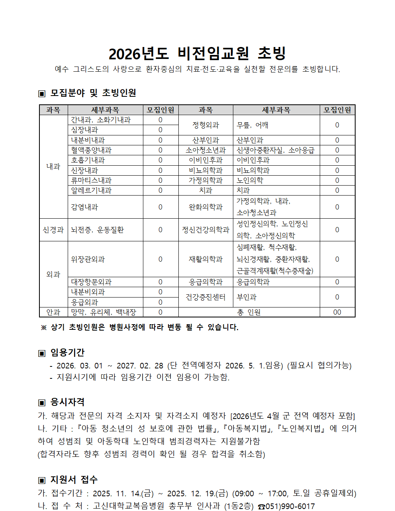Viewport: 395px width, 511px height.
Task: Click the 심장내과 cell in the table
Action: coord(84,130)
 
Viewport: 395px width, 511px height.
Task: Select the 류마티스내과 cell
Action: coord(91,180)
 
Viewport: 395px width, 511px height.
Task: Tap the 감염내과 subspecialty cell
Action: coord(84,207)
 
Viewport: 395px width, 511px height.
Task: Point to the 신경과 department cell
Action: coord(53,230)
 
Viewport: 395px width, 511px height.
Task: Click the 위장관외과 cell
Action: coord(88,259)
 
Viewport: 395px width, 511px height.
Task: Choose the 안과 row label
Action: coord(53,312)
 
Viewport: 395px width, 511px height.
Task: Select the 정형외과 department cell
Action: coord(205,125)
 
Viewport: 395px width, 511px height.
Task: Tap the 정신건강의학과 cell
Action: coord(205,230)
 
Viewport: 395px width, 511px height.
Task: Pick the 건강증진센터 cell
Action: coord(205,297)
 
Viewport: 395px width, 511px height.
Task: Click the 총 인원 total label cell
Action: coord(249,312)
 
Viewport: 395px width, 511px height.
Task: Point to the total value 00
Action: coord(337,312)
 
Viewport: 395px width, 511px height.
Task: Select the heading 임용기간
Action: coord(67,352)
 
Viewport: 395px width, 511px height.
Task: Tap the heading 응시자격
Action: coord(67,402)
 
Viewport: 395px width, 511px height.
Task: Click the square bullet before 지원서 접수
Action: coord(42,480)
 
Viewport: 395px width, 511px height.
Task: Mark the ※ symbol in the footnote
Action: coord(44,327)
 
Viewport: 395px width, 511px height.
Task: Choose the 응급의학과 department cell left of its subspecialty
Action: coord(205,282)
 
